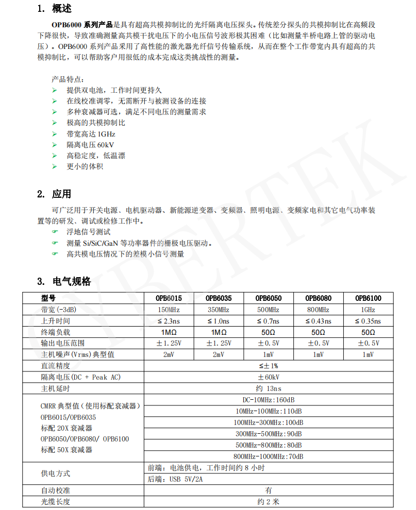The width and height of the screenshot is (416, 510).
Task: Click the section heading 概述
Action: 61,9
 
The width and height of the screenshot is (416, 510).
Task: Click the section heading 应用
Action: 61,194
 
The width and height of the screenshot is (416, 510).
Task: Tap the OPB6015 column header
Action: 169,298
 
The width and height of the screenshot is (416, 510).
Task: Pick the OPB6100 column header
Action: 368,298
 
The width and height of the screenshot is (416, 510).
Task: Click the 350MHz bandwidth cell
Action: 218,310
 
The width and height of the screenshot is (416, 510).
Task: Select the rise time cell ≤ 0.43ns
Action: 318,321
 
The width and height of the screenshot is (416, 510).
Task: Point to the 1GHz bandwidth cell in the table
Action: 368,310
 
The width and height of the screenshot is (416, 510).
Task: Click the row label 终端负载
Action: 55,332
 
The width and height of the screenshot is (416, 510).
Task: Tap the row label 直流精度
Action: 55,366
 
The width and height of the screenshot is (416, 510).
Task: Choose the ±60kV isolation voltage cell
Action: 268,377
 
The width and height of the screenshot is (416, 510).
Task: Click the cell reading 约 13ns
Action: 268,388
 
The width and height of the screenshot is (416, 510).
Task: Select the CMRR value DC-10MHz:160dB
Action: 268,400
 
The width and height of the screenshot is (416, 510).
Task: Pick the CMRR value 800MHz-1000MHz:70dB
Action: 268,456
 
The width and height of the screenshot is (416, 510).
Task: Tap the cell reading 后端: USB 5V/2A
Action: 178,479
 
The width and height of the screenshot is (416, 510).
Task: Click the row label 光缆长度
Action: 55,502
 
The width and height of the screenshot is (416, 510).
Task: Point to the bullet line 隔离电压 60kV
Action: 90,145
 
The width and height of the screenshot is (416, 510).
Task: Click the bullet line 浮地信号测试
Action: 88,232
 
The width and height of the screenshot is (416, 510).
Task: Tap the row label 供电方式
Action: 55,473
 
